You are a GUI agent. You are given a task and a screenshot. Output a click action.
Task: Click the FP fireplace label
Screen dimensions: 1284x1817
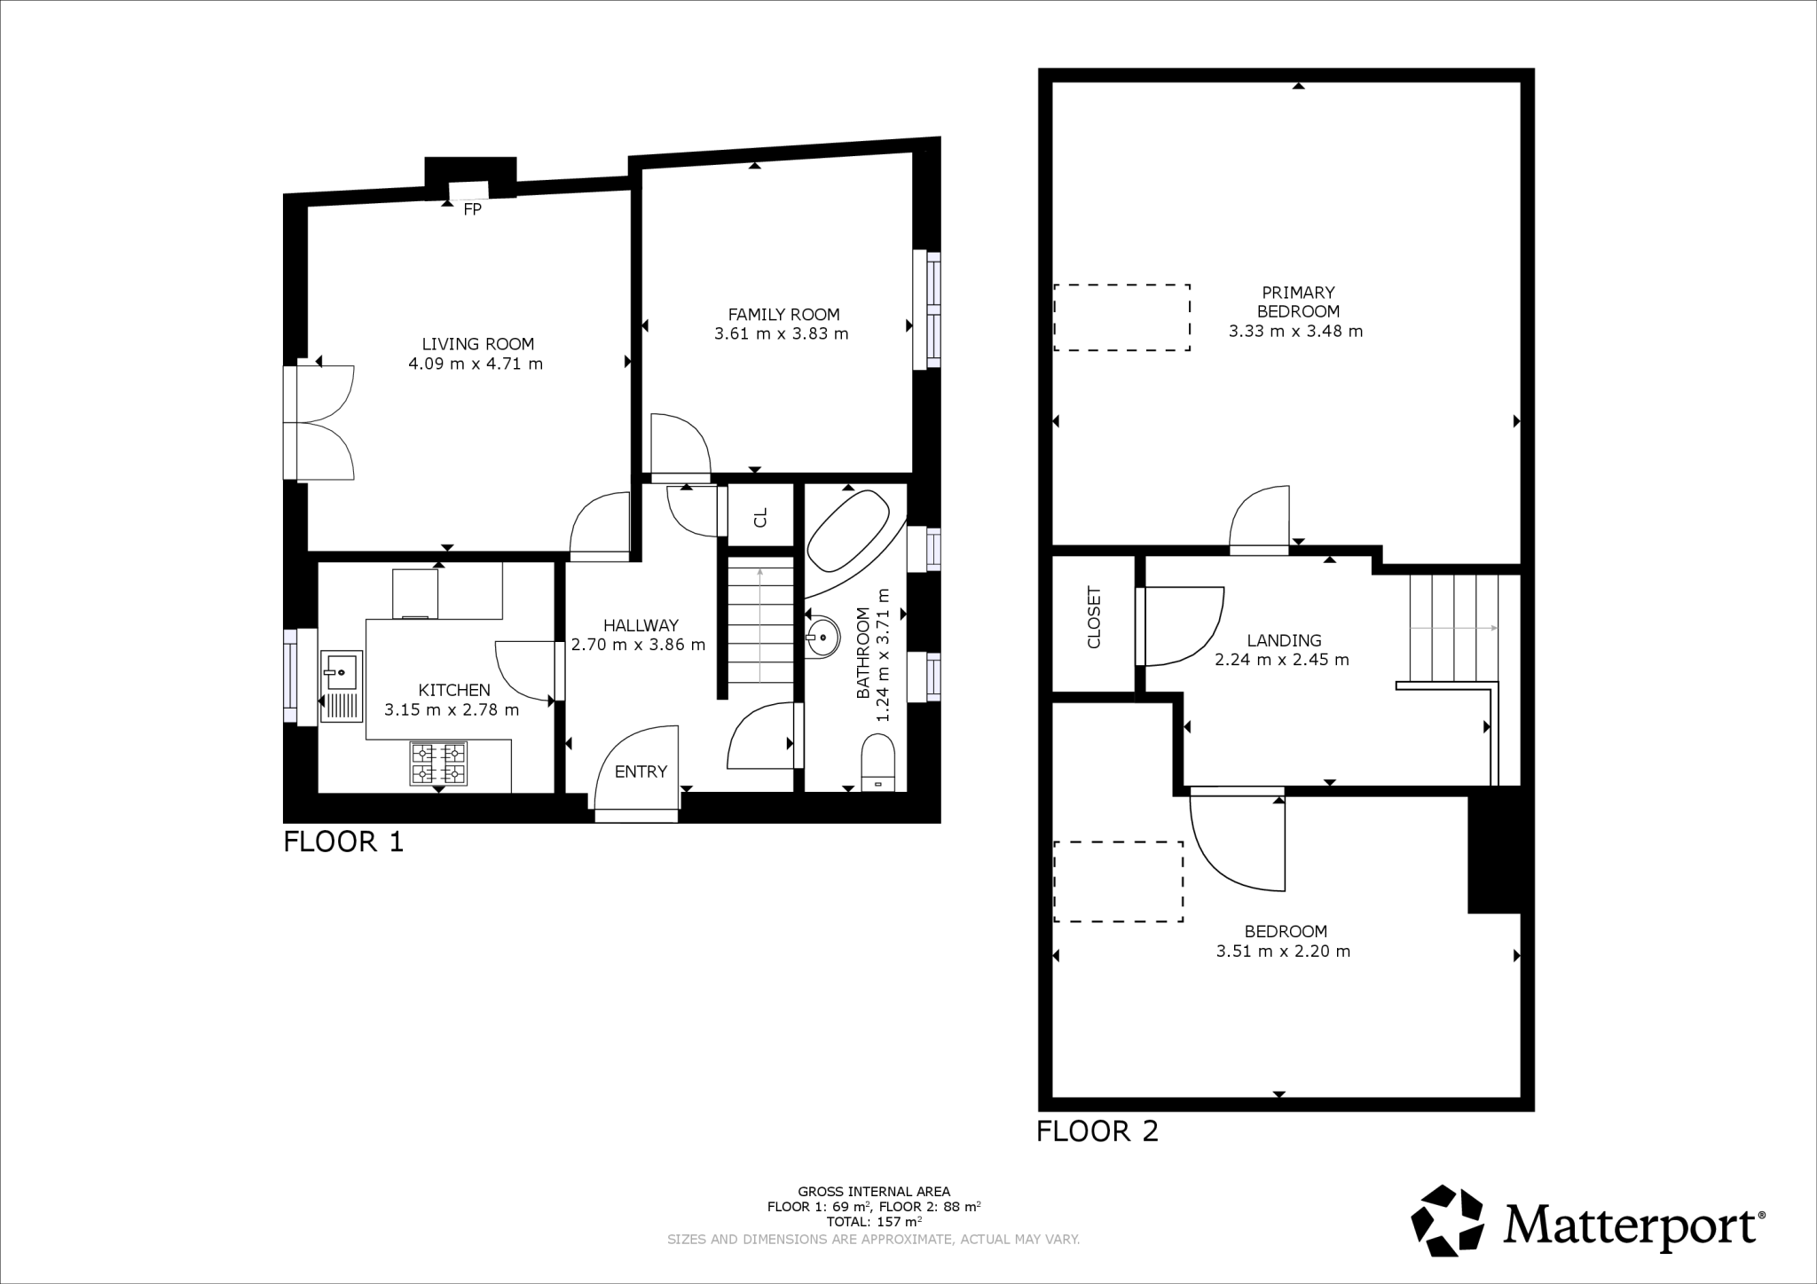(472, 210)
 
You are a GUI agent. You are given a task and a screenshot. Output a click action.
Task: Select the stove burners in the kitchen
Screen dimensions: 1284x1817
(438, 763)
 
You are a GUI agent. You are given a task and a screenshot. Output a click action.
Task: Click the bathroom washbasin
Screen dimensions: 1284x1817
(823, 636)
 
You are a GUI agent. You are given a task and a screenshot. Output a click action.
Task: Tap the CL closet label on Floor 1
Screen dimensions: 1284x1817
(760, 517)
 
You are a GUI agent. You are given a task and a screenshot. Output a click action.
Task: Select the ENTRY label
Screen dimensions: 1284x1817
(641, 771)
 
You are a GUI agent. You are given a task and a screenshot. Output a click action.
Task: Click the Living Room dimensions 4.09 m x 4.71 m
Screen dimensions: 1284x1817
(476, 364)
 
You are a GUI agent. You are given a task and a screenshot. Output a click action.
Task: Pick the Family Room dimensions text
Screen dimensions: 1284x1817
(781, 334)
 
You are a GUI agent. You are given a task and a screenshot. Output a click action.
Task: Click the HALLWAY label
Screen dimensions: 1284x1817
(641, 625)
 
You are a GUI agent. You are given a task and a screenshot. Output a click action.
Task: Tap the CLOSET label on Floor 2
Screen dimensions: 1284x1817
(1093, 617)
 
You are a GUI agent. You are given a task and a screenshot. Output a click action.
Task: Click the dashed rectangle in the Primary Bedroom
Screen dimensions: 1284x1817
(1121, 317)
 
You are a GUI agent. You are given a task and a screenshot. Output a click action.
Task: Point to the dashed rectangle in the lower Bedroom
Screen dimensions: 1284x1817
(1118, 881)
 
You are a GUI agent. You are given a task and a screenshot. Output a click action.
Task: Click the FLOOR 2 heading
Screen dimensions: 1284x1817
(1097, 1131)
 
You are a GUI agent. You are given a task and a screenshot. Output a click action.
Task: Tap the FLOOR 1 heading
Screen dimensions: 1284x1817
(343, 842)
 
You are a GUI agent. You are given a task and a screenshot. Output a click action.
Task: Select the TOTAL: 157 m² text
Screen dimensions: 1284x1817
(873, 1221)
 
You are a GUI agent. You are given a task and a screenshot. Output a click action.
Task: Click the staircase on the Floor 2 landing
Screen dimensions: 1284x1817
(1453, 627)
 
